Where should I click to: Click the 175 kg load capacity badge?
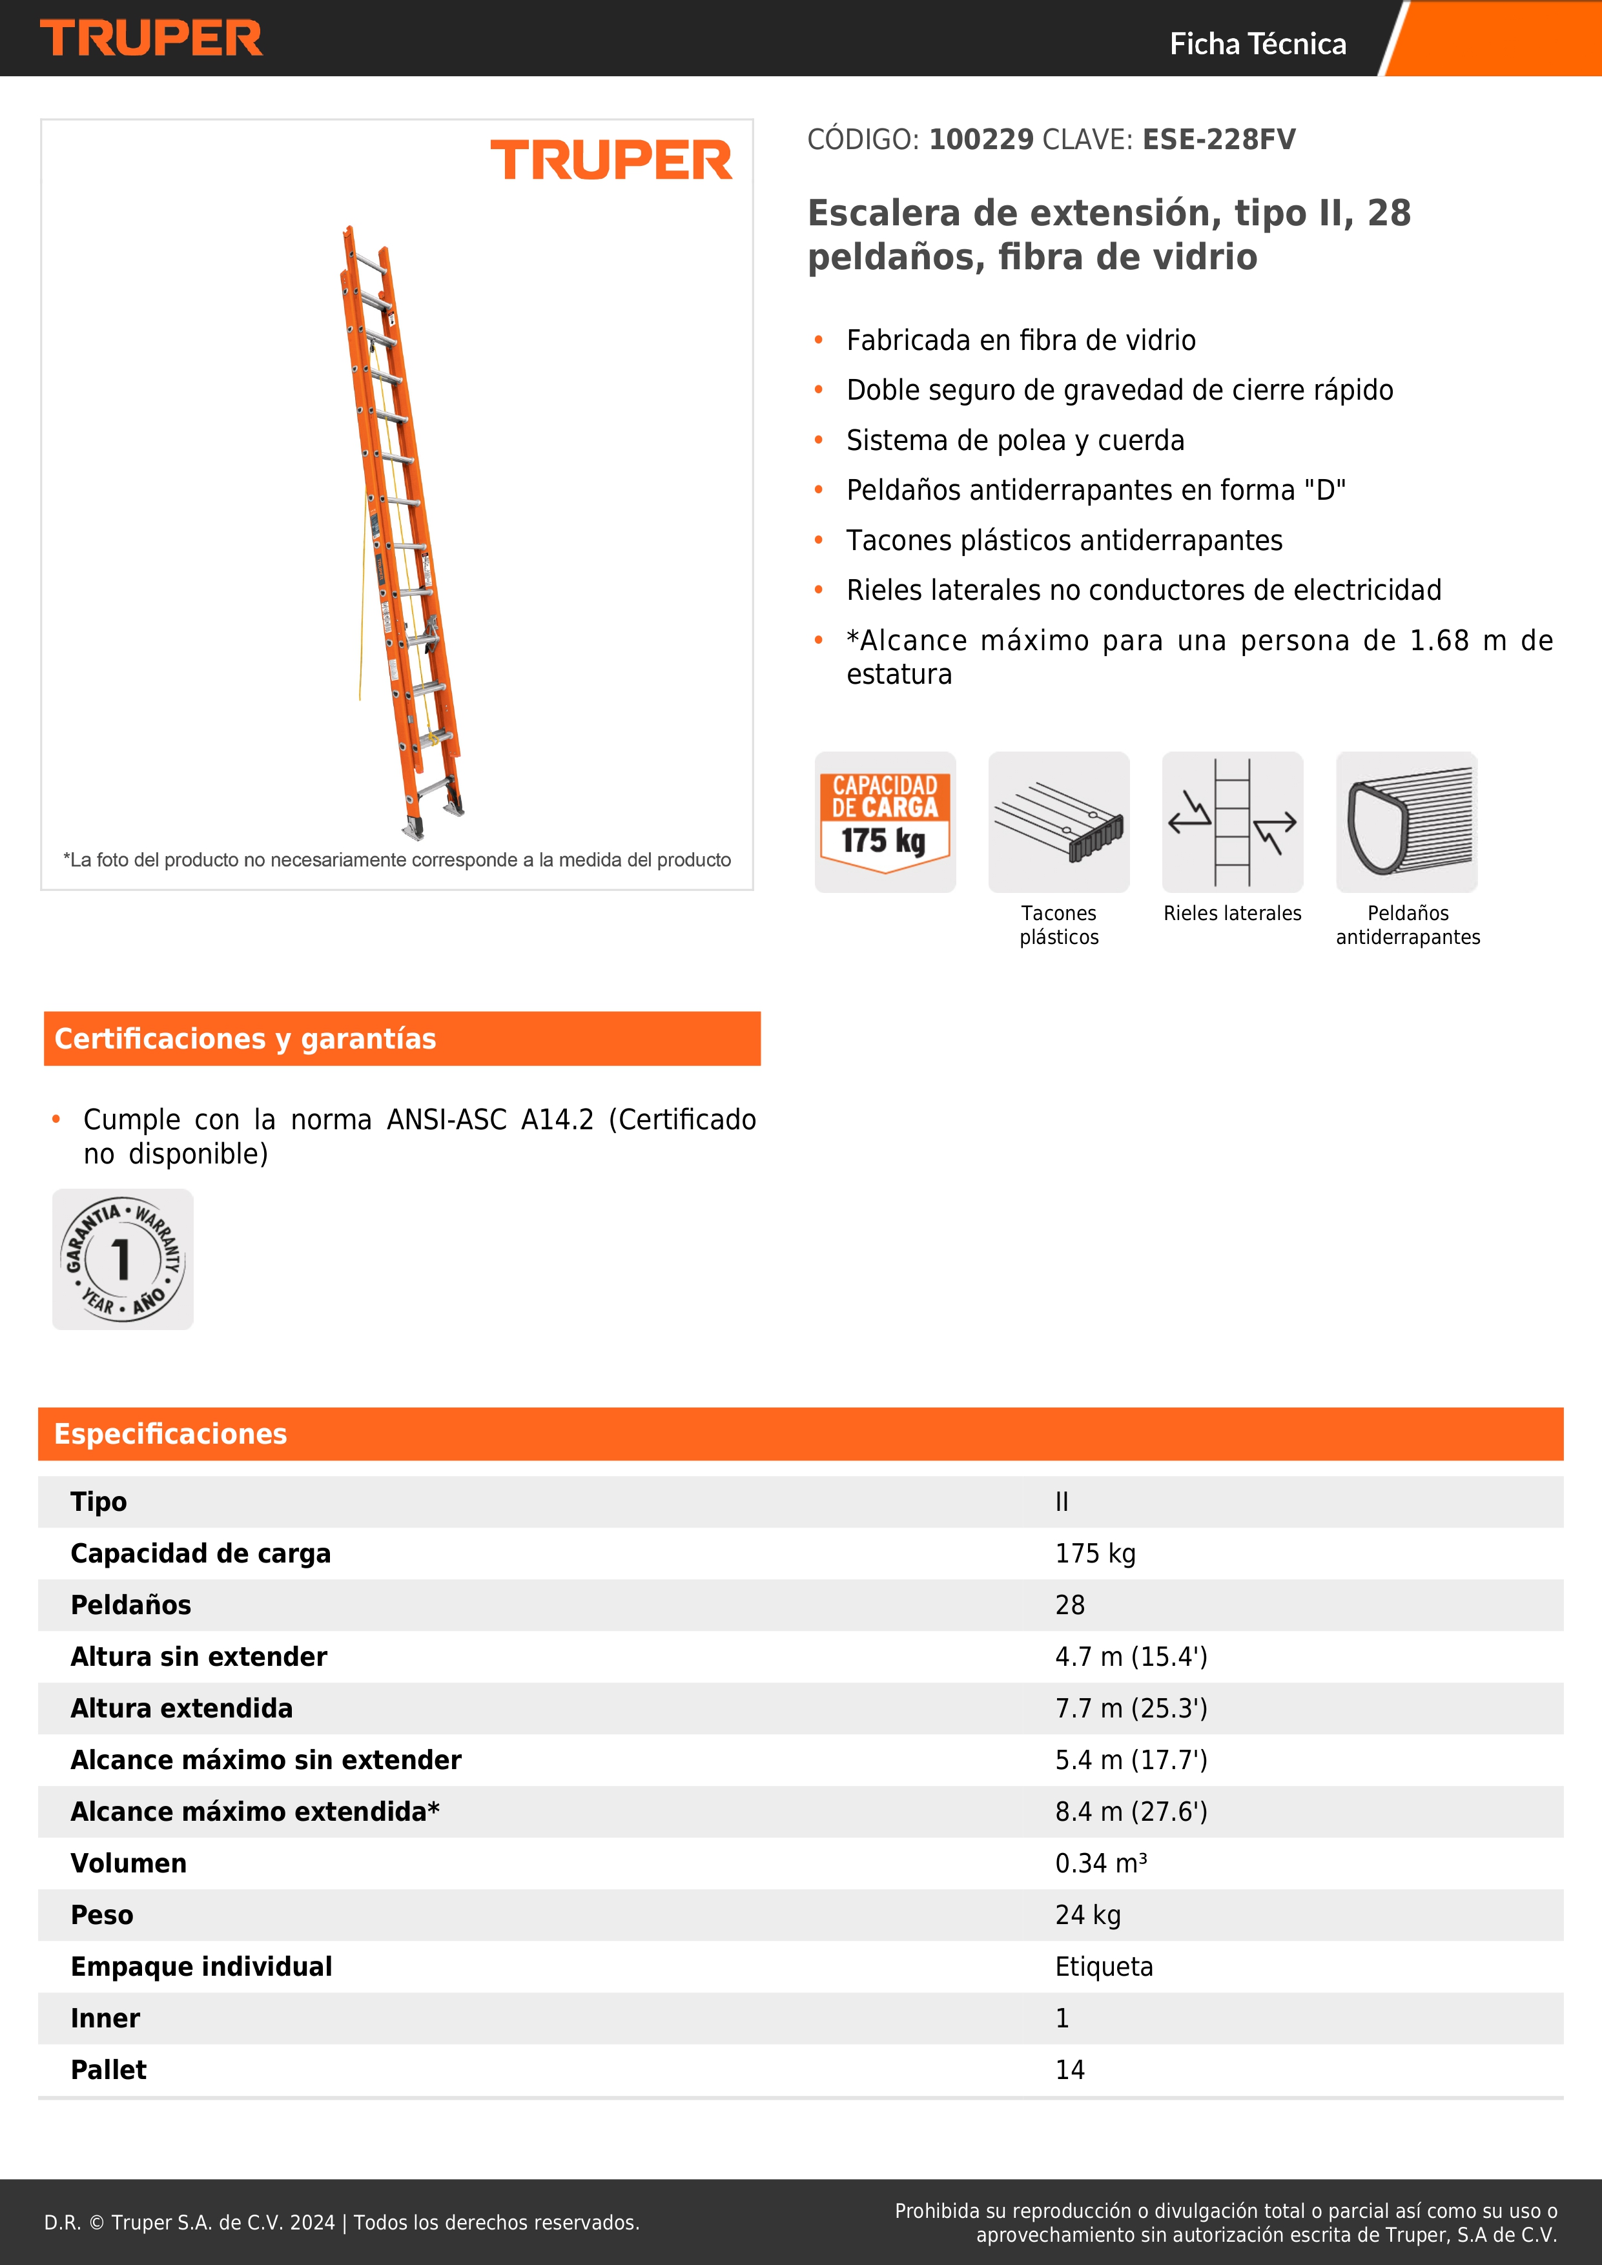[885, 822]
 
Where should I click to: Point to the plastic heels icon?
[1058, 822]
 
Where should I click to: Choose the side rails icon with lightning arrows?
[1232, 822]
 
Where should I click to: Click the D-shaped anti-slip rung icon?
[1407, 822]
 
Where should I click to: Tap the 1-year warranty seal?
[122, 1259]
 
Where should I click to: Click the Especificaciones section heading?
[170, 1433]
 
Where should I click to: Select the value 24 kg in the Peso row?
[1087, 1915]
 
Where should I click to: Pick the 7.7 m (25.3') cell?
[1131, 1708]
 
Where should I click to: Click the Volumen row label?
[128, 1863]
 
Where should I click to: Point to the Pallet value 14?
[1069, 2069]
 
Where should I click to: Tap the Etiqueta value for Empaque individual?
[1103, 1966]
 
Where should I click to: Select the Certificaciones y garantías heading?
[245, 1039]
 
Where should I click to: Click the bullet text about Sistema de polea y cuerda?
[1015, 440]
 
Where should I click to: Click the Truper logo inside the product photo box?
[611, 160]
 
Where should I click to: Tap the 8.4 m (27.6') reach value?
[1131, 1811]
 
